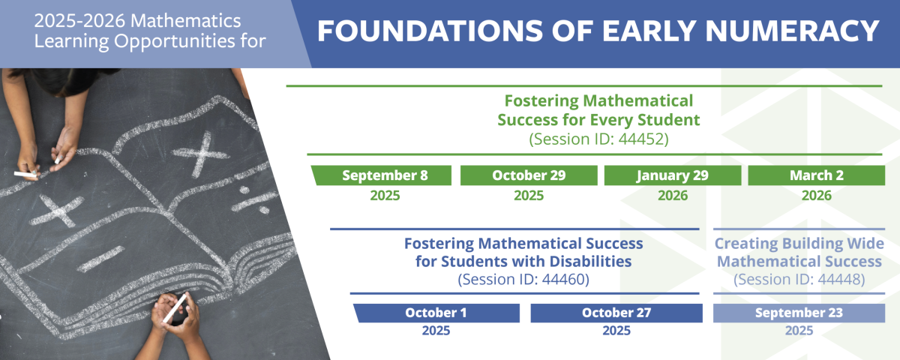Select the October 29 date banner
pyautogui.click(x=529, y=175)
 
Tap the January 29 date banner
pyautogui.click(x=673, y=175)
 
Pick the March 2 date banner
pyautogui.click(x=816, y=175)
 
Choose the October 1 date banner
pyautogui.click(x=436, y=313)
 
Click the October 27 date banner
pyautogui.click(x=616, y=313)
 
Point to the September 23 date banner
pyautogui.click(x=798, y=313)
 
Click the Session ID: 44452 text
pyautogui.click(x=598, y=139)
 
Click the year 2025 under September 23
pyautogui.click(x=799, y=330)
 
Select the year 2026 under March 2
pyautogui.click(x=816, y=195)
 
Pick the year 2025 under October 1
pyautogui.click(x=436, y=330)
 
